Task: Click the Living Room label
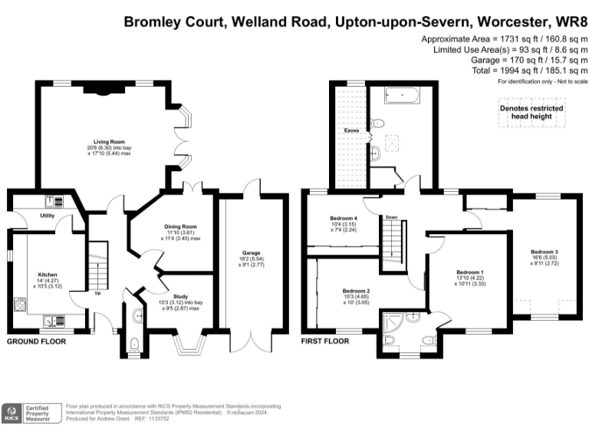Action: point(109,142)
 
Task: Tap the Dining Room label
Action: point(181,226)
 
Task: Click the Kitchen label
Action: point(48,274)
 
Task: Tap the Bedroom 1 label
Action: point(469,272)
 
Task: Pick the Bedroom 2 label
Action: point(356,291)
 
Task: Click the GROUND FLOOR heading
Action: point(38,341)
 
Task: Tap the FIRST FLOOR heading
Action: point(324,341)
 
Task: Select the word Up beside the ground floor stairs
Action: point(98,292)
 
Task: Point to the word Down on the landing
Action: point(392,216)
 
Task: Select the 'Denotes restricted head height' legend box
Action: point(531,111)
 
